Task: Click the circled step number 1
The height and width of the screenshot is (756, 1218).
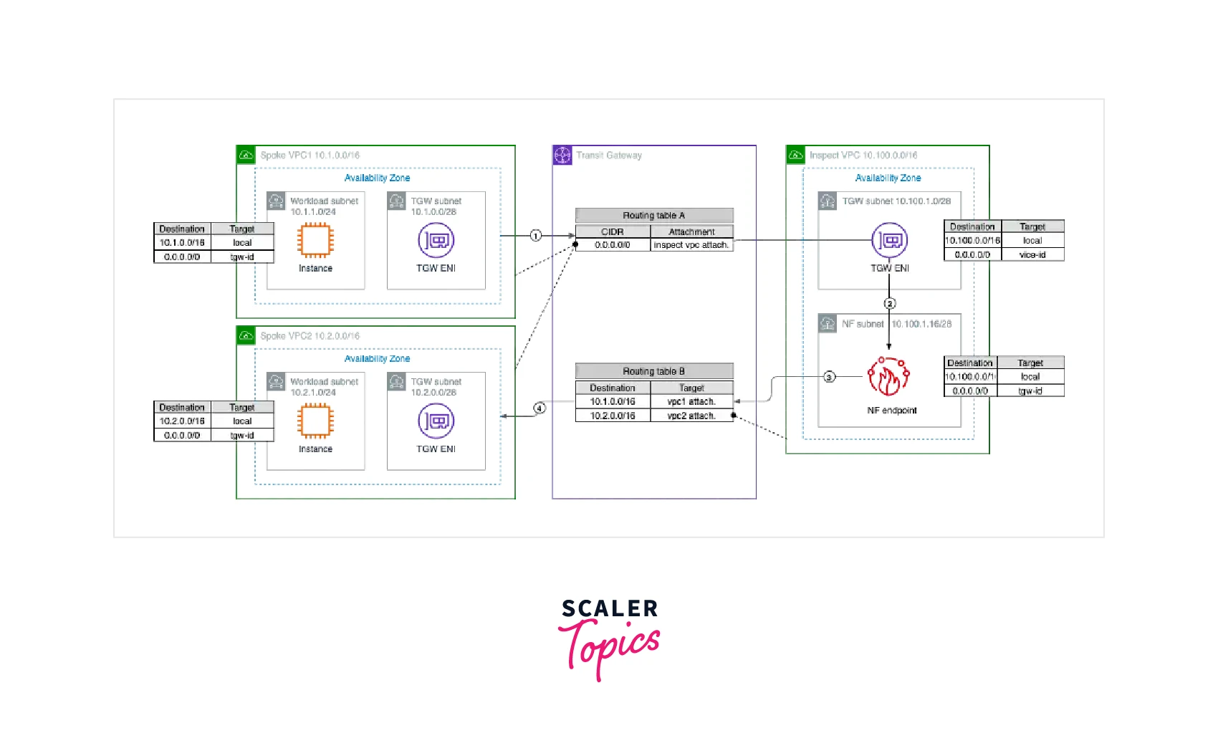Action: (535, 236)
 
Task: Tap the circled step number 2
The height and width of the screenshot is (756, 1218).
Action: (889, 304)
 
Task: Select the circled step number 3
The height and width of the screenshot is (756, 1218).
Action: (829, 377)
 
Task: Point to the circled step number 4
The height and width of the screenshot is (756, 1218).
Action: (540, 408)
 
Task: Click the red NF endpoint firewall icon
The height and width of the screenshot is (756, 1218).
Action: (888, 377)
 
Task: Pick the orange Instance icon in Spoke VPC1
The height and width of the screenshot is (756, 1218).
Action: (315, 240)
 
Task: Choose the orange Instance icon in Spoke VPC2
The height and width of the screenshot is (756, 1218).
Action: (315, 421)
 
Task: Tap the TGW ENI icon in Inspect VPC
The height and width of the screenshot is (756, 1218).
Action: (889, 240)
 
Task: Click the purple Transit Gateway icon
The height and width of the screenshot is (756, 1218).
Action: (562, 155)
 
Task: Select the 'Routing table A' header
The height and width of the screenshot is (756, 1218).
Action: (654, 215)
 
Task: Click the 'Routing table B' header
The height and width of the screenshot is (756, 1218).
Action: (654, 371)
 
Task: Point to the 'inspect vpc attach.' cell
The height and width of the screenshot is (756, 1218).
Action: (691, 245)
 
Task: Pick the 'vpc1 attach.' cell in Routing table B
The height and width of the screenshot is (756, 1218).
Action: (691, 402)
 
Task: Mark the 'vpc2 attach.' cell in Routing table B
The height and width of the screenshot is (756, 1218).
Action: (691, 416)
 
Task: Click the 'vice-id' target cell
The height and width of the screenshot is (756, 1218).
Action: (1032, 254)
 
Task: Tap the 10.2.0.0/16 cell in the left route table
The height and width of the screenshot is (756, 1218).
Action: (182, 421)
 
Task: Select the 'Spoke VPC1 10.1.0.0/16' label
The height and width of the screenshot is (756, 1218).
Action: (310, 155)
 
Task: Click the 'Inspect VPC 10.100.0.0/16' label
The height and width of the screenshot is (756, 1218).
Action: (863, 155)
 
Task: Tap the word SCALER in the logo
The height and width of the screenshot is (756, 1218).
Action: (610, 609)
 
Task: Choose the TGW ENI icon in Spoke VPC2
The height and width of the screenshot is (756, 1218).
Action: (436, 421)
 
